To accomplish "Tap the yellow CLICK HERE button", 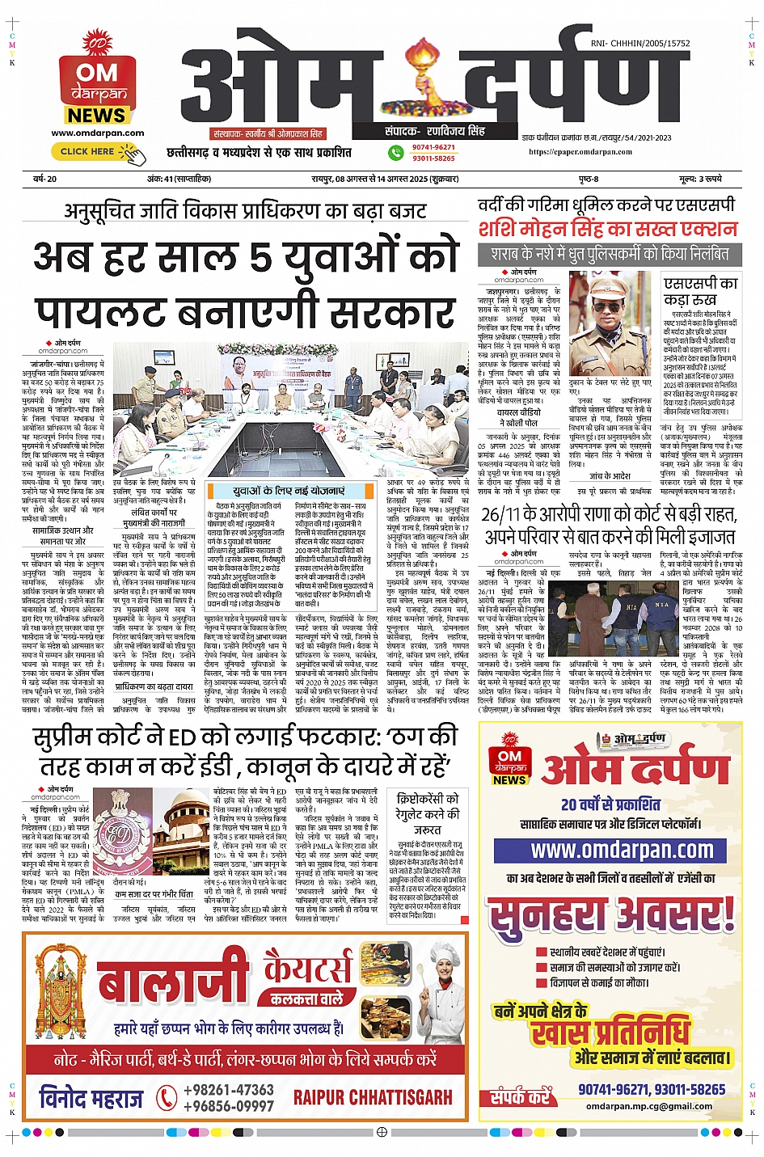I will point(88,151).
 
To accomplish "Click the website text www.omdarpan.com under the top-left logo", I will point(97,133).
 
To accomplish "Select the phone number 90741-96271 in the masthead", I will point(433,147).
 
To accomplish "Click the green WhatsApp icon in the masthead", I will point(396,152).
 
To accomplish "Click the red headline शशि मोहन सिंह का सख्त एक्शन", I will point(607,229).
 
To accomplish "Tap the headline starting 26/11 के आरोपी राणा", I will point(609,525).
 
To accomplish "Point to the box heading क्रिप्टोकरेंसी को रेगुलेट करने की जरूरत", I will point(428,813).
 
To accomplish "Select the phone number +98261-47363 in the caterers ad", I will point(229,1090).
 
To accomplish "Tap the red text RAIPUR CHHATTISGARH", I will point(373,1097).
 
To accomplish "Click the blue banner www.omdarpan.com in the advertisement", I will point(622,851).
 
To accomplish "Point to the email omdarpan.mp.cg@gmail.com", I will point(649,1106).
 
